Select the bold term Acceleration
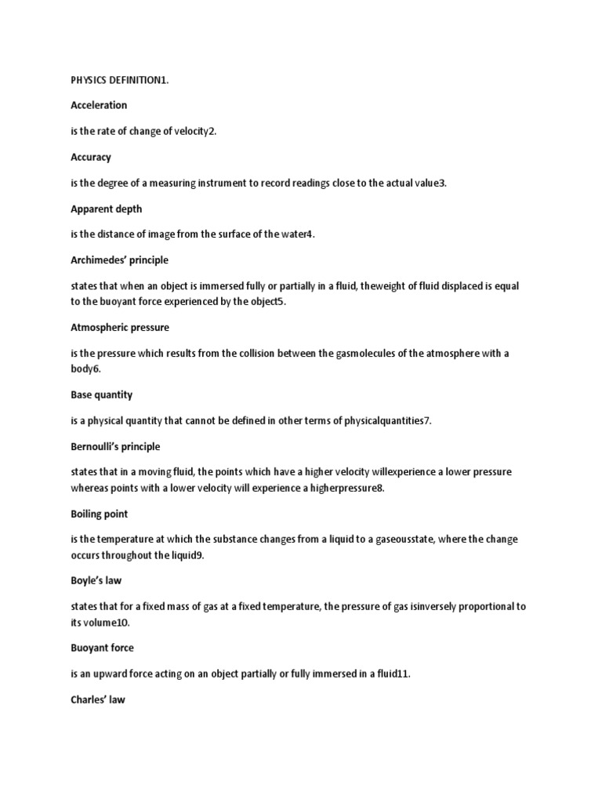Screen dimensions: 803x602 tap(99, 105)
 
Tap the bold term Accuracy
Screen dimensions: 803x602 tap(91, 157)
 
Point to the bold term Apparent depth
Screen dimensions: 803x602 tap(106, 209)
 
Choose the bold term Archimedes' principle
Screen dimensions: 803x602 tap(119, 260)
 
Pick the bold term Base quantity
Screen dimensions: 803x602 tap(102, 394)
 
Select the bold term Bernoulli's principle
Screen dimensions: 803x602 tap(115, 446)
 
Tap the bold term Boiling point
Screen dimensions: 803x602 tap(100, 514)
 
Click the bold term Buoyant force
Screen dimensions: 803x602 tap(102, 648)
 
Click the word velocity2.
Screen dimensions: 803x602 tap(195, 131)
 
